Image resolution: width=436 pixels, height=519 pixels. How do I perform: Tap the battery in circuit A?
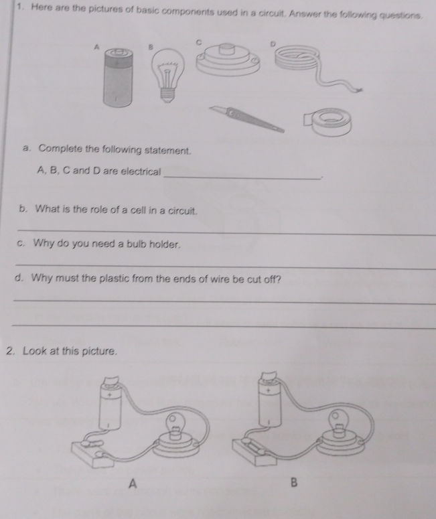[111, 409]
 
